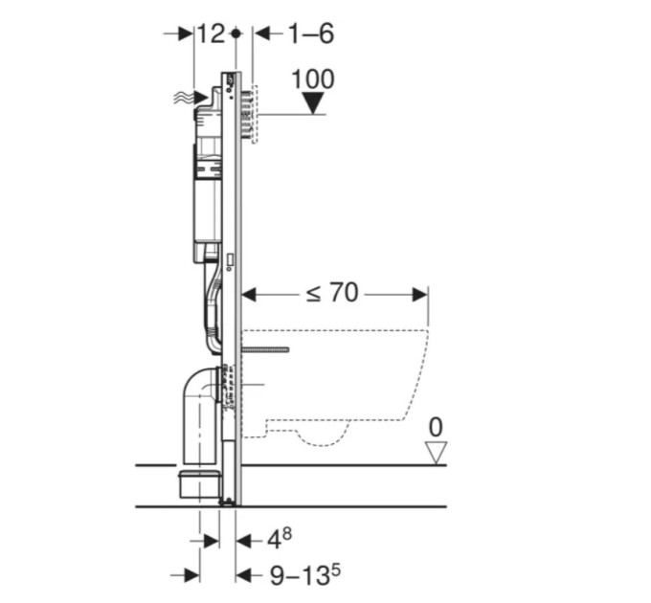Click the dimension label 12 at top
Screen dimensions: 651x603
211,33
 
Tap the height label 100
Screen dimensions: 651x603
313,78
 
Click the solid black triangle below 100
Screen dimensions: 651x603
313,103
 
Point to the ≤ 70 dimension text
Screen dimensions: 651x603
332,293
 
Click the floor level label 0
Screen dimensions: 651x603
435,428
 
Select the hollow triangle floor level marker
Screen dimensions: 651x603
436,453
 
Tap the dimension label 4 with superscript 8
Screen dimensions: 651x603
279,539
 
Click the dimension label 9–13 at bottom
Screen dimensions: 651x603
305,574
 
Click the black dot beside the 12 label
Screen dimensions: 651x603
236,33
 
